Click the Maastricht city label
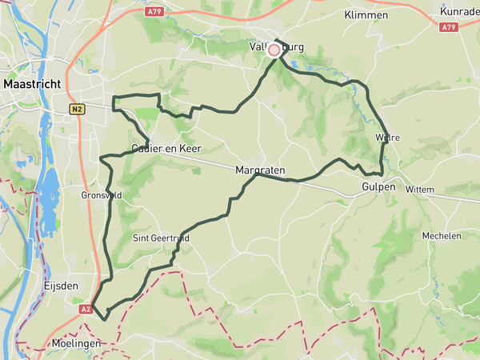point(34,82)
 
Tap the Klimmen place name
point(366,15)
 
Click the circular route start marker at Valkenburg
point(274,50)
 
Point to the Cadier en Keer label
point(166,149)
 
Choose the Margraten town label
point(260,170)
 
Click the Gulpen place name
point(378,186)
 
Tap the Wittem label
point(420,189)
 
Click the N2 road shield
point(77,110)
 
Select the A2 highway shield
point(86,307)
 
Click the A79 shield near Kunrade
point(449,26)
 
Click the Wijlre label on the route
point(386,138)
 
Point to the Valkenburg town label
point(276,47)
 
